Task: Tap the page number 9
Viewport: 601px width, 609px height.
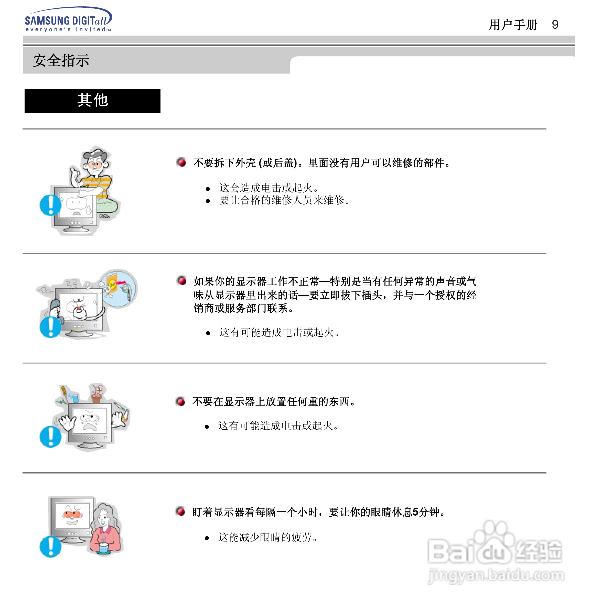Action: pyautogui.click(x=555, y=25)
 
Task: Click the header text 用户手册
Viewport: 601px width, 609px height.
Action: pyautogui.click(x=513, y=25)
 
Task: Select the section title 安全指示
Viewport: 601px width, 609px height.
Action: pyautogui.click(x=61, y=61)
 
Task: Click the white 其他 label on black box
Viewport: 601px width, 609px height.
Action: pyautogui.click(x=92, y=101)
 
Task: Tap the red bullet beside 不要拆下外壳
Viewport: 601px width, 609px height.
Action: pyautogui.click(x=181, y=162)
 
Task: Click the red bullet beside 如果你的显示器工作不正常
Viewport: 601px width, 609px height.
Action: pyautogui.click(x=182, y=280)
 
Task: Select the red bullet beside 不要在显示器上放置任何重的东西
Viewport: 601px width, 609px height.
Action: pyautogui.click(x=181, y=401)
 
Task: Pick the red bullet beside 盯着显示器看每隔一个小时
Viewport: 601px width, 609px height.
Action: pyautogui.click(x=181, y=512)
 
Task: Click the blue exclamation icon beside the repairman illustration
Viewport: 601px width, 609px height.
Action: pyautogui.click(x=50, y=205)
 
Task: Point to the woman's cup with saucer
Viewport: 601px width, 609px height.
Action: pyautogui.click(x=103, y=549)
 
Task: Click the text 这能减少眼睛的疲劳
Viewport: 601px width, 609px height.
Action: pyautogui.click(x=268, y=537)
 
